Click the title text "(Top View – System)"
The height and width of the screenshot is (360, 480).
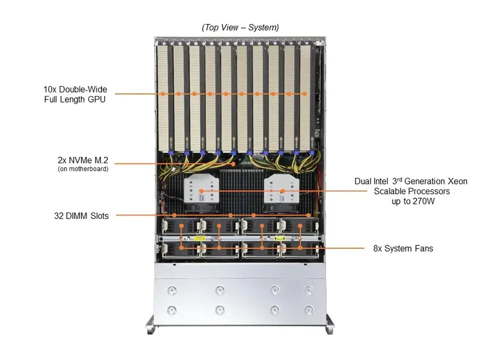pyautogui.click(x=240, y=27)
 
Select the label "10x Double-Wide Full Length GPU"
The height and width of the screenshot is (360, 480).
pyautogui.click(x=75, y=94)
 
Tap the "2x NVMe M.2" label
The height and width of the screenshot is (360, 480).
pyautogui.click(x=83, y=161)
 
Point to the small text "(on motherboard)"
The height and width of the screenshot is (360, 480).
pyautogui.click(x=83, y=169)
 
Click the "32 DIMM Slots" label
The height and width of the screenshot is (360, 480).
pyautogui.click(x=81, y=216)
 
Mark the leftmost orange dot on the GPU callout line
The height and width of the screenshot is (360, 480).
pyautogui.click(x=163, y=94)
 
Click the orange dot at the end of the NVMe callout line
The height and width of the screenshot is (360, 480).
pyautogui.click(x=233, y=163)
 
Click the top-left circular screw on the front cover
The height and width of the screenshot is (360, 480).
pyautogui.click(x=172, y=289)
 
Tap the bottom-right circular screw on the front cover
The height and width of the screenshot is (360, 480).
pyautogui.click(x=309, y=310)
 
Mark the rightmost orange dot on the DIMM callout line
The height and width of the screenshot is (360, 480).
pyautogui.click(x=309, y=215)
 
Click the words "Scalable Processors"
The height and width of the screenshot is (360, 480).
pyautogui.click(x=411, y=191)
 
